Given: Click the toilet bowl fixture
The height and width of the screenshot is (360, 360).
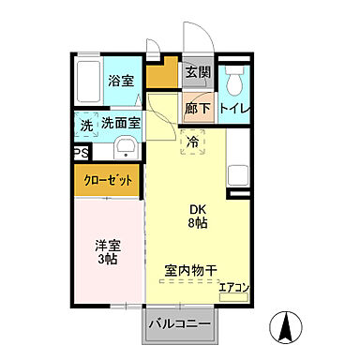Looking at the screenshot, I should [x=232, y=77].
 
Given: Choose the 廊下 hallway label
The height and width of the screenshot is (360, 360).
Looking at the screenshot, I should [x=197, y=109].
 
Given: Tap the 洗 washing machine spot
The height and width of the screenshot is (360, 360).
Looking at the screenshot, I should [x=85, y=123].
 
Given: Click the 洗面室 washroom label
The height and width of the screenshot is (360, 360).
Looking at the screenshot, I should [x=121, y=123].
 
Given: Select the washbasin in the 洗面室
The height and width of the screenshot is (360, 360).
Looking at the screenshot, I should [x=125, y=148].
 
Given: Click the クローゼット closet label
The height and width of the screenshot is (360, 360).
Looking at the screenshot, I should [x=109, y=180].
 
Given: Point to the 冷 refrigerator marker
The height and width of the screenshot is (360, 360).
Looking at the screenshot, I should [x=192, y=143].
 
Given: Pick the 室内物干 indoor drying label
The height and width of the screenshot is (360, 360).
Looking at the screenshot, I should [x=191, y=270].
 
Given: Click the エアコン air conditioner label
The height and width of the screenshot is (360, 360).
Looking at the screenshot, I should [x=233, y=288].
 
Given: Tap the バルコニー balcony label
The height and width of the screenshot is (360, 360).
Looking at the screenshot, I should [x=178, y=324].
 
